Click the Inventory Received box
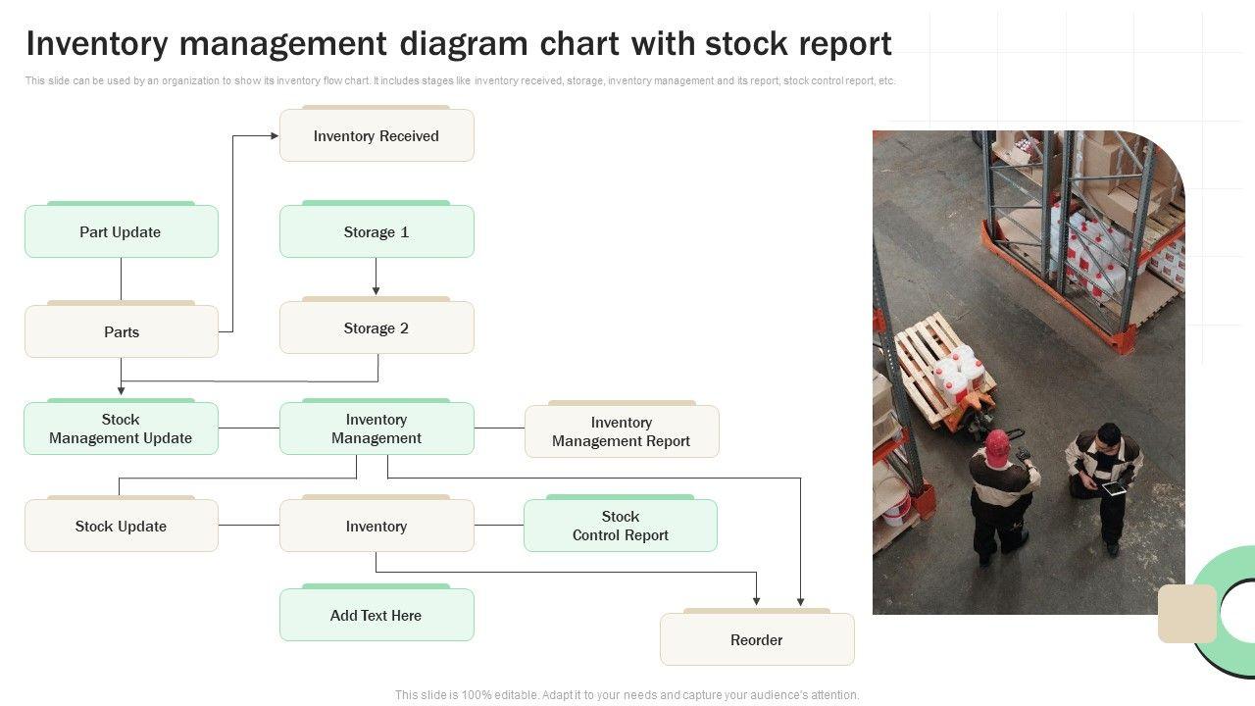pyautogui.click(x=376, y=135)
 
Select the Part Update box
pyautogui.click(x=121, y=230)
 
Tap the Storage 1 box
pyautogui.click(x=376, y=230)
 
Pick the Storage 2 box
pyautogui.click(x=376, y=328)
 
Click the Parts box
pyautogui.click(x=121, y=330)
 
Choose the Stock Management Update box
pyautogui.click(x=121, y=429)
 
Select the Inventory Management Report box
pyautogui.click(x=622, y=430)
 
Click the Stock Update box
pyautogui.click(x=121, y=525)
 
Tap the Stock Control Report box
pyautogui.click(x=621, y=525)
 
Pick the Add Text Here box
pyautogui.click(x=376, y=614)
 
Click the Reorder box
pyautogui.click(x=757, y=638)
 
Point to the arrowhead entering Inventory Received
pyautogui.click(x=275, y=135)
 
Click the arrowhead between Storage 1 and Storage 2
pyautogui.click(x=376, y=291)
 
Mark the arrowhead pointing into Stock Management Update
pyautogui.click(x=121, y=390)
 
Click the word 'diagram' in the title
pyautogui.click(x=464, y=45)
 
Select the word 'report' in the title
pyautogui.click(x=845, y=45)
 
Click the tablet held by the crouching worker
pyautogui.click(x=1115, y=489)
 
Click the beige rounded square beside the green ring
pyautogui.click(x=1187, y=614)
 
